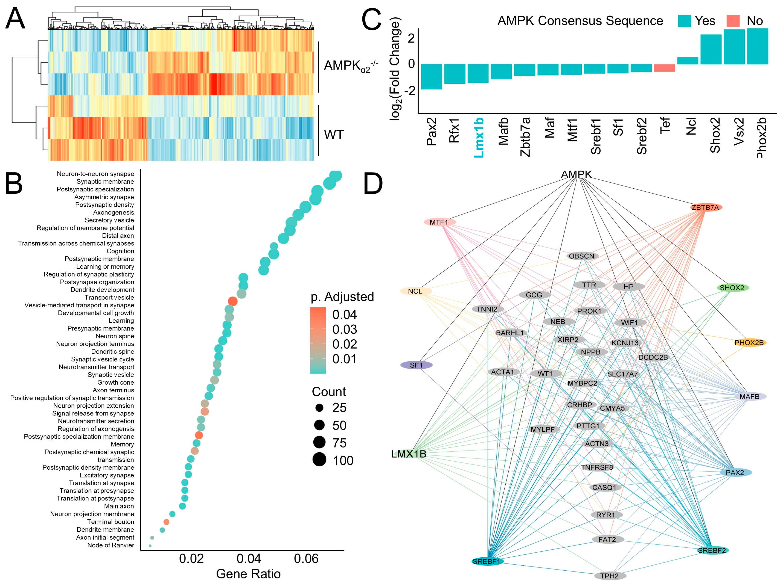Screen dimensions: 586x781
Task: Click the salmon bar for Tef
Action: pos(664,68)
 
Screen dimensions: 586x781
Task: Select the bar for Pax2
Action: pos(431,77)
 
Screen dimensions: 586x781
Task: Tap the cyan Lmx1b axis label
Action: pos(478,138)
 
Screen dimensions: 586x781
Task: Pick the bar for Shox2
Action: pos(711,50)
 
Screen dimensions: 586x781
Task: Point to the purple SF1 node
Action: pos(416,365)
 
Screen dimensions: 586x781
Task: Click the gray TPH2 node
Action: pos(610,576)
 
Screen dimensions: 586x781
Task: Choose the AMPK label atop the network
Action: pos(576,174)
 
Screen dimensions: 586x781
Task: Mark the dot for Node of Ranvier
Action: pos(150,546)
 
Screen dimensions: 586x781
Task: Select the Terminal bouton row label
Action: pos(110,522)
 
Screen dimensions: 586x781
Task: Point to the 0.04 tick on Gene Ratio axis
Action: pos(249,559)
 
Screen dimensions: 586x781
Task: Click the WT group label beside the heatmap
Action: pos(334,135)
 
